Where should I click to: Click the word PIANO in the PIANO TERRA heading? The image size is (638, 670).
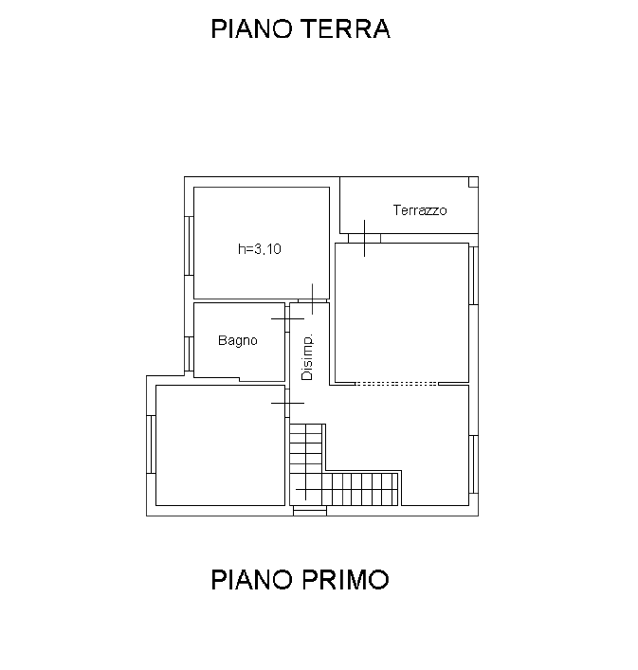[x=252, y=29]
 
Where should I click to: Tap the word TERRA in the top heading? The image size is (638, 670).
[x=346, y=29]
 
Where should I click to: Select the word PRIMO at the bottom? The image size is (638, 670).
[x=345, y=580]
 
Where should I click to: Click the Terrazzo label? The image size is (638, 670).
[x=420, y=210]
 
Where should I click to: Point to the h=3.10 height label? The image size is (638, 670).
[x=260, y=248]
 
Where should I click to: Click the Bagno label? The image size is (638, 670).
[x=238, y=340]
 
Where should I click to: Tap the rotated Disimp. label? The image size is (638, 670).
[x=307, y=356]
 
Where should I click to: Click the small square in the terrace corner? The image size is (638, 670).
[x=473, y=182]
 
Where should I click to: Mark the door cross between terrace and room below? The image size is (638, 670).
[x=364, y=239]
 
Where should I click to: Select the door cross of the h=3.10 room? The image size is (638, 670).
[x=313, y=299]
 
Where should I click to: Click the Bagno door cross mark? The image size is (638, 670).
[x=287, y=318]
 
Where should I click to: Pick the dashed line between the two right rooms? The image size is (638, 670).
[x=396, y=384]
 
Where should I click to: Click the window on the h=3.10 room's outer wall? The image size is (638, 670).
[x=189, y=245]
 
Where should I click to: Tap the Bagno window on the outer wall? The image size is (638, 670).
[x=189, y=353]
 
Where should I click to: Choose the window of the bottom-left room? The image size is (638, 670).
[x=152, y=444]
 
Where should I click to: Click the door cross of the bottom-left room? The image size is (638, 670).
[x=287, y=403]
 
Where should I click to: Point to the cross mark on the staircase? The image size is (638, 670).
[x=305, y=489]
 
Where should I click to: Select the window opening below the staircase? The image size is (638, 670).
[x=310, y=511]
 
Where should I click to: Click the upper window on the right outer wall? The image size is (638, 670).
[x=473, y=276]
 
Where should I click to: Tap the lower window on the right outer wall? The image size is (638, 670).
[x=473, y=464]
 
